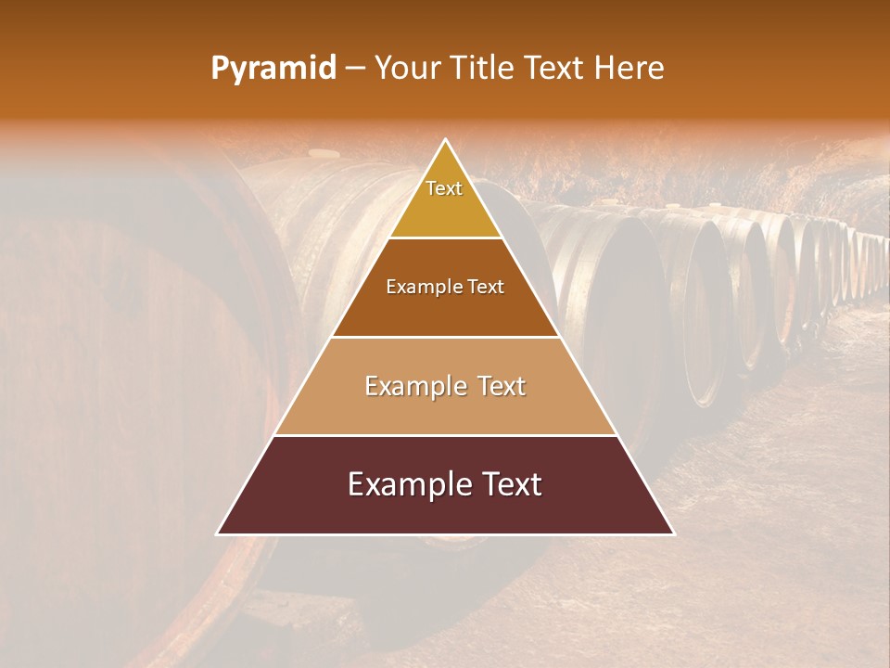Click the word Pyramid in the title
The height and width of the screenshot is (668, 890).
pos(273,69)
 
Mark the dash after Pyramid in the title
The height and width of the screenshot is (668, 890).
pos(355,69)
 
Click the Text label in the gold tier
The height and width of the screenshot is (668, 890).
pos(444,188)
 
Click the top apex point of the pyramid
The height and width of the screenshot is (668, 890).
pos(446,140)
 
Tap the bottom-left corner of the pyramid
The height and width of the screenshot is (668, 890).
pos(218,534)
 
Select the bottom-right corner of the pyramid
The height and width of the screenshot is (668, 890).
pos(674,534)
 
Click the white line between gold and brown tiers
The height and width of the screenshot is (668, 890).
pos(446,238)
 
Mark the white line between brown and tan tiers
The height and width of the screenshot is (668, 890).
pos(446,337)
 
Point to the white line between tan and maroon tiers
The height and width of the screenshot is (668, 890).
pos(446,435)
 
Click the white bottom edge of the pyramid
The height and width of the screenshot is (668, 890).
pos(446,534)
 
